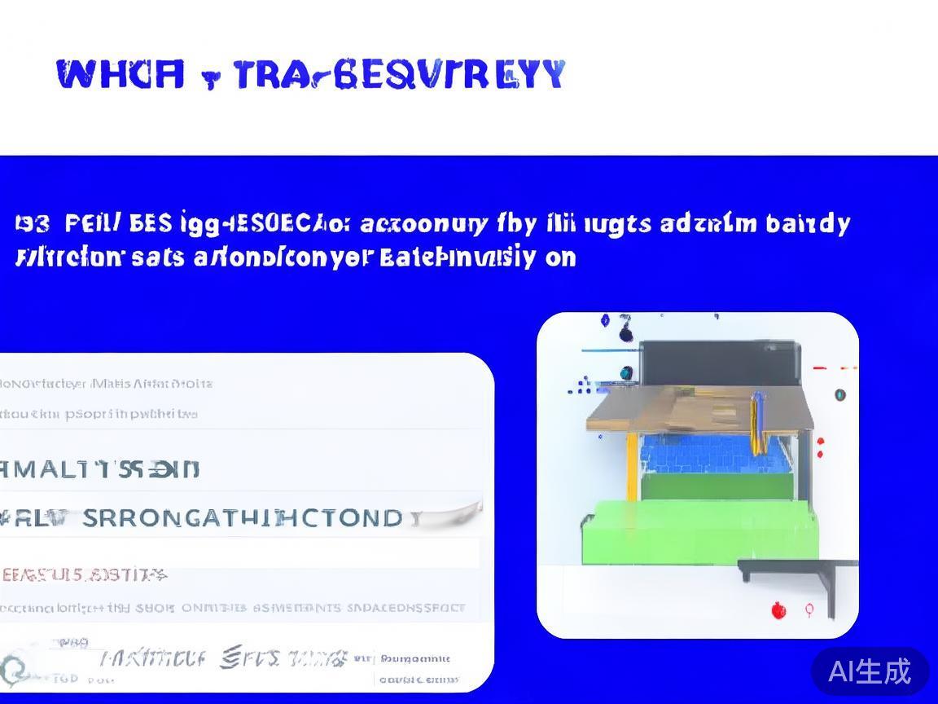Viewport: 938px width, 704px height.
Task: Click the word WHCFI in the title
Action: pyautogui.click(x=121, y=74)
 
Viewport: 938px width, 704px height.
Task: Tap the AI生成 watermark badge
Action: pyautogui.click(x=870, y=671)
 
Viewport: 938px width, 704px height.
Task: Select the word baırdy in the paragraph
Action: pyautogui.click(x=808, y=223)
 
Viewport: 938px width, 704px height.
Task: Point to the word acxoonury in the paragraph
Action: pyautogui.click(x=424, y=223)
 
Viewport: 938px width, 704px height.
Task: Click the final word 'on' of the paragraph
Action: pyautogui.click(x=560, y=257)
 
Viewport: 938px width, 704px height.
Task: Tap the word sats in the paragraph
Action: pyautogui.click(x=158, y=257)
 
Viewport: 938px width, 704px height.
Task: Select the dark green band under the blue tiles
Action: pyautogui.click(x=717, y=486)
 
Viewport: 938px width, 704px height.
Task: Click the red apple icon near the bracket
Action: pyautogui.click(x=778, y=609)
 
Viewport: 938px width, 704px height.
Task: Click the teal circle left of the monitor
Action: pyautogui.click(x=625, y=373)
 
